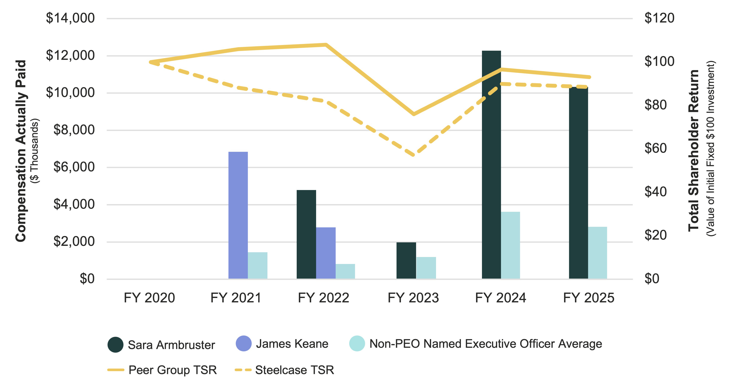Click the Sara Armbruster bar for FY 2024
pos(491,165)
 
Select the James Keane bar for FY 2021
pos(238,215)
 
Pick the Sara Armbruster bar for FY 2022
pos(306,234)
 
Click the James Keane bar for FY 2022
pos(326,253)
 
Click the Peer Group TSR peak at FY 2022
pos(326,45)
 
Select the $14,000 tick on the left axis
pos(70,18)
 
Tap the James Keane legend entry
pos(292,344)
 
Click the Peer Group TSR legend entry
pos(172,370)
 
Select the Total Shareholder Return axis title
pos(693,151)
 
